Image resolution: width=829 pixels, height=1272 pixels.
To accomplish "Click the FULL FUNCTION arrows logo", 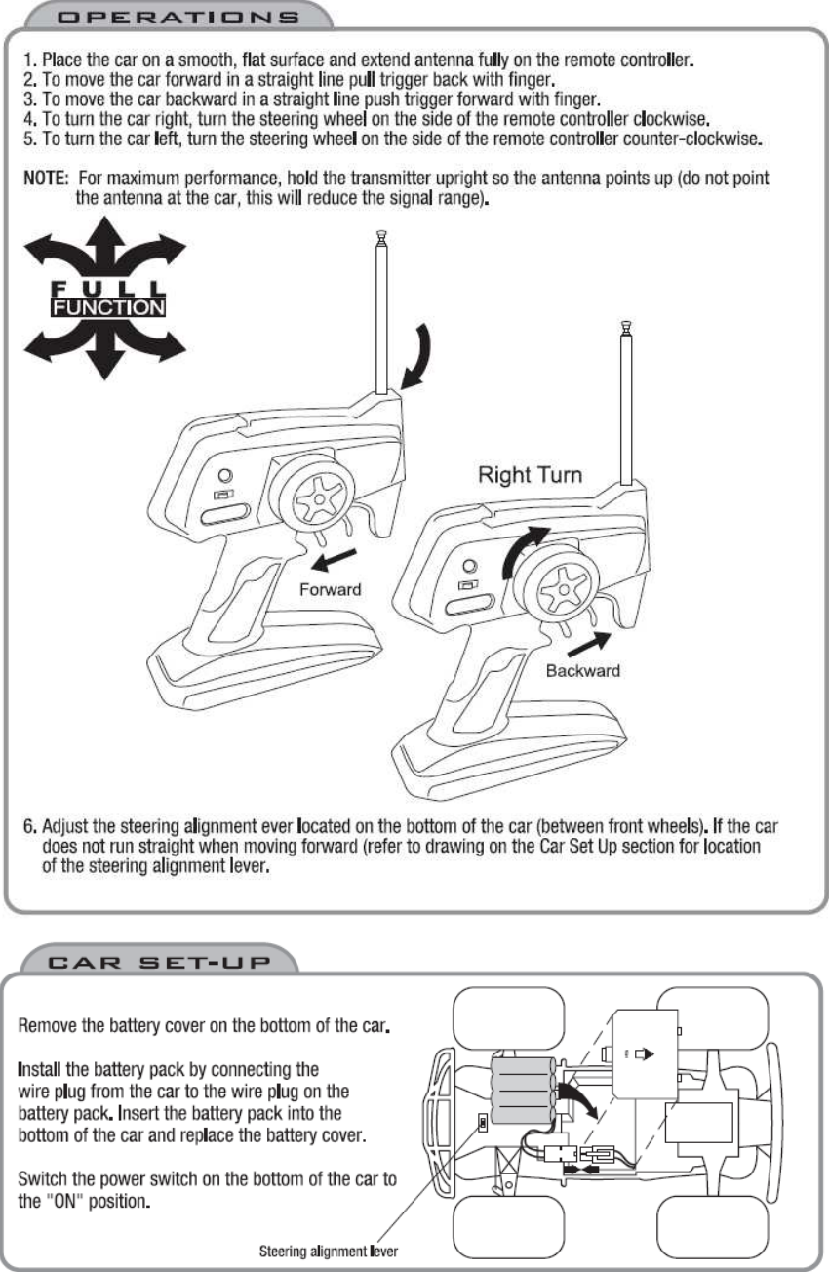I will tap(96, 298).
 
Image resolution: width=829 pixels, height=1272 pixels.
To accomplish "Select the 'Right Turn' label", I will tap(530, 475).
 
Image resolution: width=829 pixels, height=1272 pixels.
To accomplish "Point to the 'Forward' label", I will tap(330, 589).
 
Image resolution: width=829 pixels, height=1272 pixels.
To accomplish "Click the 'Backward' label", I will tap(582, 670).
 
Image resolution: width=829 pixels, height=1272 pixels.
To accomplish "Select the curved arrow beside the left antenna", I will tap(420, 359).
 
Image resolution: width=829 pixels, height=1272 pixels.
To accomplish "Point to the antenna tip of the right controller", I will tap(629, 330).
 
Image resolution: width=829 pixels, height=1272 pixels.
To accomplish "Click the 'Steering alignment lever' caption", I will tap(328, 1249).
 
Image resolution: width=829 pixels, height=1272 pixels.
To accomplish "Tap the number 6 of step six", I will tap(29, 827).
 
